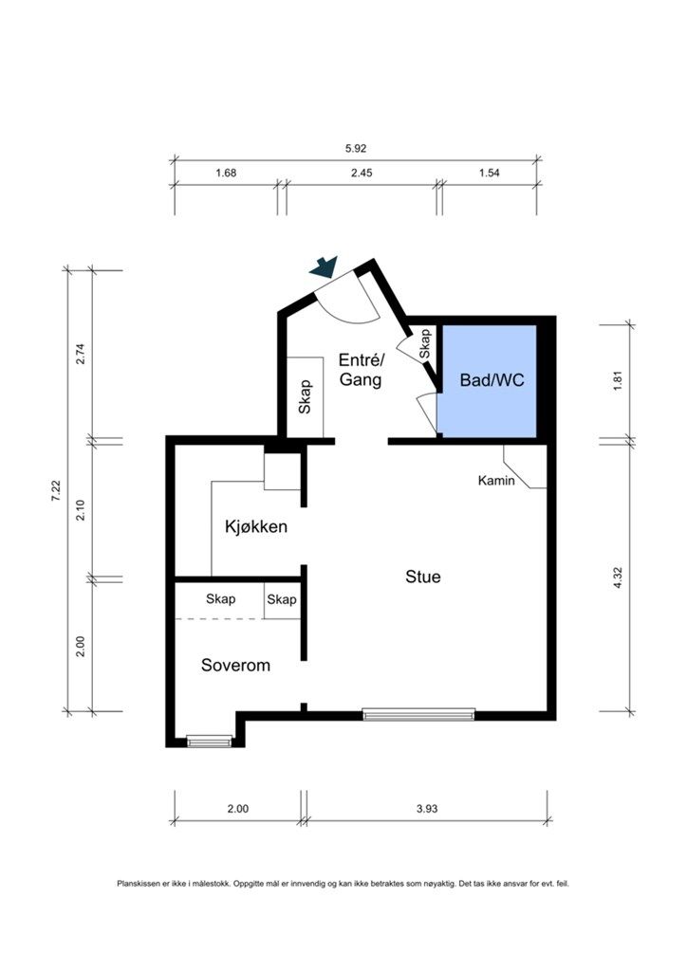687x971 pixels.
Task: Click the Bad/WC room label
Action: point(492,379)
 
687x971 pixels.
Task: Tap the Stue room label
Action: point(423,577)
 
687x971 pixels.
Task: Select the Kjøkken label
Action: point(256,527)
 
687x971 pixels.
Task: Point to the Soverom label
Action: point(236,665)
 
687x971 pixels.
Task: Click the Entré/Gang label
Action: point(362,370)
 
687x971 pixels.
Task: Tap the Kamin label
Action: point(496,480)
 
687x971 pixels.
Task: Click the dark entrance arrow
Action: point(324,266)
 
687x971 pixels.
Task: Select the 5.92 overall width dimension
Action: point(356,149)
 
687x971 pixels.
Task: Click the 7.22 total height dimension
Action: point(56,490)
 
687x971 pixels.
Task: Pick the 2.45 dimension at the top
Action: point(362,173)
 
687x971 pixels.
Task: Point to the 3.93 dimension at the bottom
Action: point(427,808)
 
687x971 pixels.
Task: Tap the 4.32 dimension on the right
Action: point(617,577)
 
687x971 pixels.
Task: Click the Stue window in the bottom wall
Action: point(418,714)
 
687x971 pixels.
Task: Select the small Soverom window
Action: point(210,741)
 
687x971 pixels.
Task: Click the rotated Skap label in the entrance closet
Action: point(305,397)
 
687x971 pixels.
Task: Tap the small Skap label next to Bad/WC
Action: point(425,344)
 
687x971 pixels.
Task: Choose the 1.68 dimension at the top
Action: point(226,173)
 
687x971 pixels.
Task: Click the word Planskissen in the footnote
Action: point(135,884)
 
